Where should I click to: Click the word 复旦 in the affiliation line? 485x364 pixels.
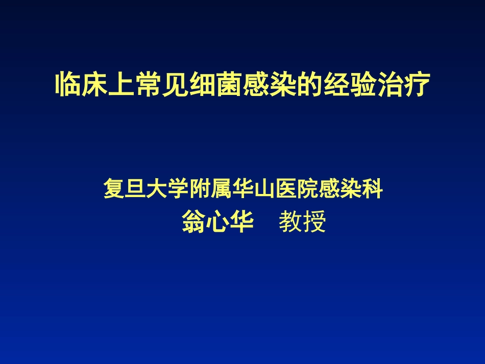point(124,189)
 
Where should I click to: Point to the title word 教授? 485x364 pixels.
point(302,223)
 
